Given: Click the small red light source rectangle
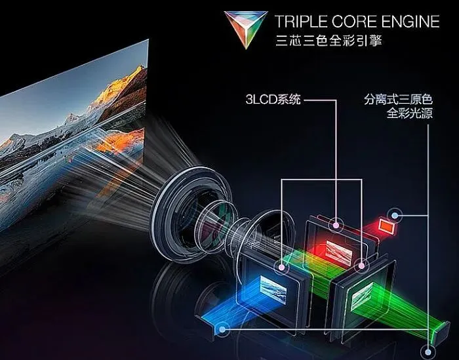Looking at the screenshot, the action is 386,226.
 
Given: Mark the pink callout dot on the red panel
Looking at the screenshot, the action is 336,224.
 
